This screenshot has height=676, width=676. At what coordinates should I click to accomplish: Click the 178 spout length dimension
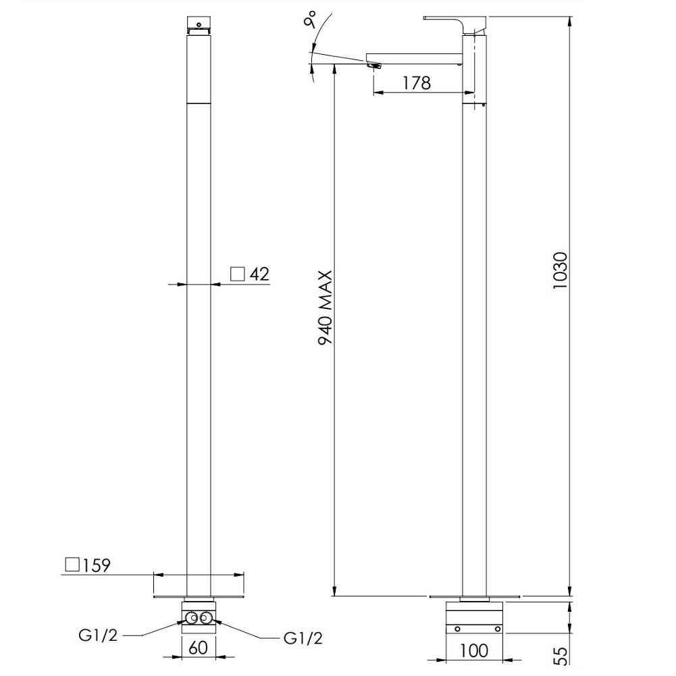click(x=417, y=82)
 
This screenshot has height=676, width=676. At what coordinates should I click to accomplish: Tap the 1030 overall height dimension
click(x=561, y=270)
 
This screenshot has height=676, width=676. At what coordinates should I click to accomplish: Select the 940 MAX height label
click(x=326, y=308)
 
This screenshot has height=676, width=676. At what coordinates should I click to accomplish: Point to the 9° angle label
click(x=310, y=20)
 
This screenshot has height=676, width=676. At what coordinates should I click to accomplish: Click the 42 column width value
click(x=259, y=274)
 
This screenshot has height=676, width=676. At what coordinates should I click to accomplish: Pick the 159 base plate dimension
click(x=97, y=566)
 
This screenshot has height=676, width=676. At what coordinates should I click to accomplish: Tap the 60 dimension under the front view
click(x=198, y=648)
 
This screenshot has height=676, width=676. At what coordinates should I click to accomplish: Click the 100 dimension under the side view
click(x=474, y=650)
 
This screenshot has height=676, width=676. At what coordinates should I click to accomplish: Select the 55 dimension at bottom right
click(x=561, y=656)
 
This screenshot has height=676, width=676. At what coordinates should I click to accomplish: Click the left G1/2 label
click(x=98, y=635)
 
